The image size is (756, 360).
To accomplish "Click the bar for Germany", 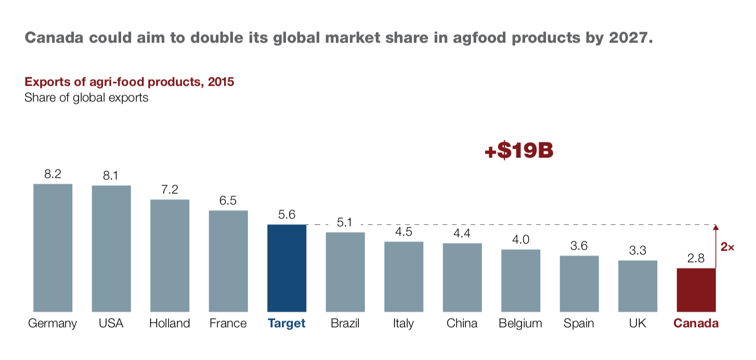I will point(53,248).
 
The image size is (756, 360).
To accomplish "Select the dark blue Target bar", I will point(286,268).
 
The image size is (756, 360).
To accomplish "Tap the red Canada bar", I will point(696,290).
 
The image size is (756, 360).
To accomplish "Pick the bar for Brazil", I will point(345,272).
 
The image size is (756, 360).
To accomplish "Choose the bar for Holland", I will point(170,255).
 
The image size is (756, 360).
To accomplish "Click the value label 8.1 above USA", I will point(111,176).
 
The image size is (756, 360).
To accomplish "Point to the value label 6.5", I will point(228,201).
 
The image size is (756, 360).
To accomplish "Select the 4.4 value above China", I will point(462,234).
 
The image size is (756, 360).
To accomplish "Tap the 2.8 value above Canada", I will point(696,259).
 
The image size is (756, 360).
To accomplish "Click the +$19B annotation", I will point(518,151).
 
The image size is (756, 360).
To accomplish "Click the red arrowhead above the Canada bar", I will point(715,227).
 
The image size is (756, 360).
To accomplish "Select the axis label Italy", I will point(403,324).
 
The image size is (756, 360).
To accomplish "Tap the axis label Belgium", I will point(520,324).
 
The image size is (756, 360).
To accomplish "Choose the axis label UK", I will point(637,324).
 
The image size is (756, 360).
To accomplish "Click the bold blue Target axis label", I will point(286,324).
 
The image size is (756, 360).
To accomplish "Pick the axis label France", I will point(228,324).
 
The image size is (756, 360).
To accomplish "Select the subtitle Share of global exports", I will point(86,97).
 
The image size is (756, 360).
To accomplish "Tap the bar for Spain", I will point(579,284).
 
